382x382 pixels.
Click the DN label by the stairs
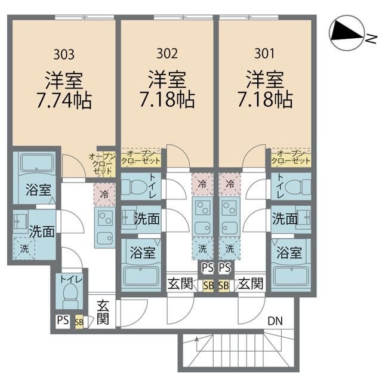(x=275, y=321)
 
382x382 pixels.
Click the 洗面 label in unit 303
(x=40, y=231)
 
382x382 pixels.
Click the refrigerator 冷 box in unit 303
(x=104, y=193)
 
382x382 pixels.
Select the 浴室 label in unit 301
(x=288, y=252)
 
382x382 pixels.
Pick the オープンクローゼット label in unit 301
(x=291, y=158)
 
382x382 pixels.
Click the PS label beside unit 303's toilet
(x=63, y=321)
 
